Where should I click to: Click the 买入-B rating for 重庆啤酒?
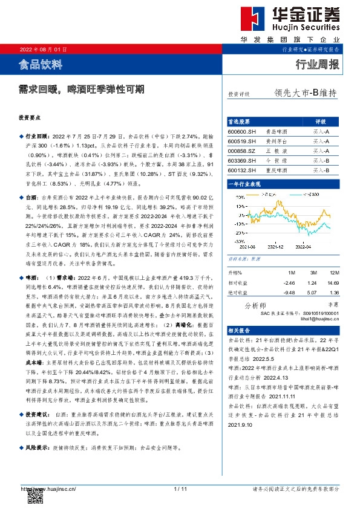pyautogui.click(x=321, y=171)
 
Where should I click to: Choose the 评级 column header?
pyautogui.click(x=321, y=121)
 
